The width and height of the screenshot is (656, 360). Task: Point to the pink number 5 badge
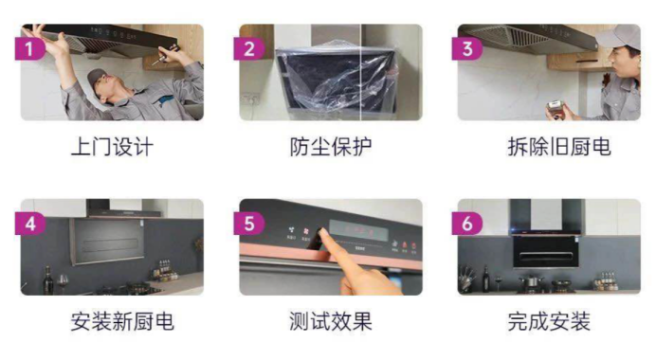pos(250,224)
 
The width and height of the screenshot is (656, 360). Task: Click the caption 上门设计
pos(112,147)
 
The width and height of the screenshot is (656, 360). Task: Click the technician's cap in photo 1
pos(97,76)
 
